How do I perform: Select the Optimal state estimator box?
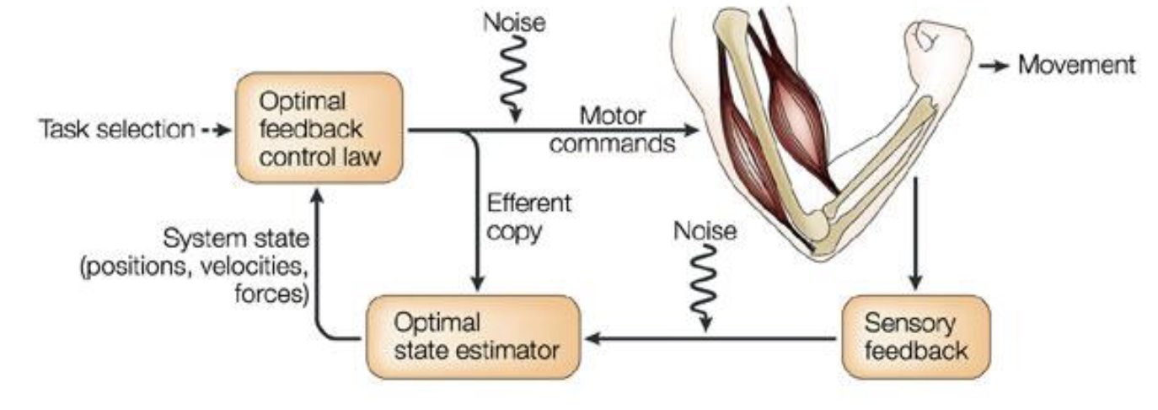click(474, 337)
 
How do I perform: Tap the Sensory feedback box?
click(914, 337)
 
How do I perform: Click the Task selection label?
click(115, 129)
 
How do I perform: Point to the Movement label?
click(1076, 64)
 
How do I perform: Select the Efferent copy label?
click(528, 217)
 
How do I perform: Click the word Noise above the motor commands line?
click(513, 23)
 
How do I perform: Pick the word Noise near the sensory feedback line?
click(704, 229)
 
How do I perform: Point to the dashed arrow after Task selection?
click(217, 129)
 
